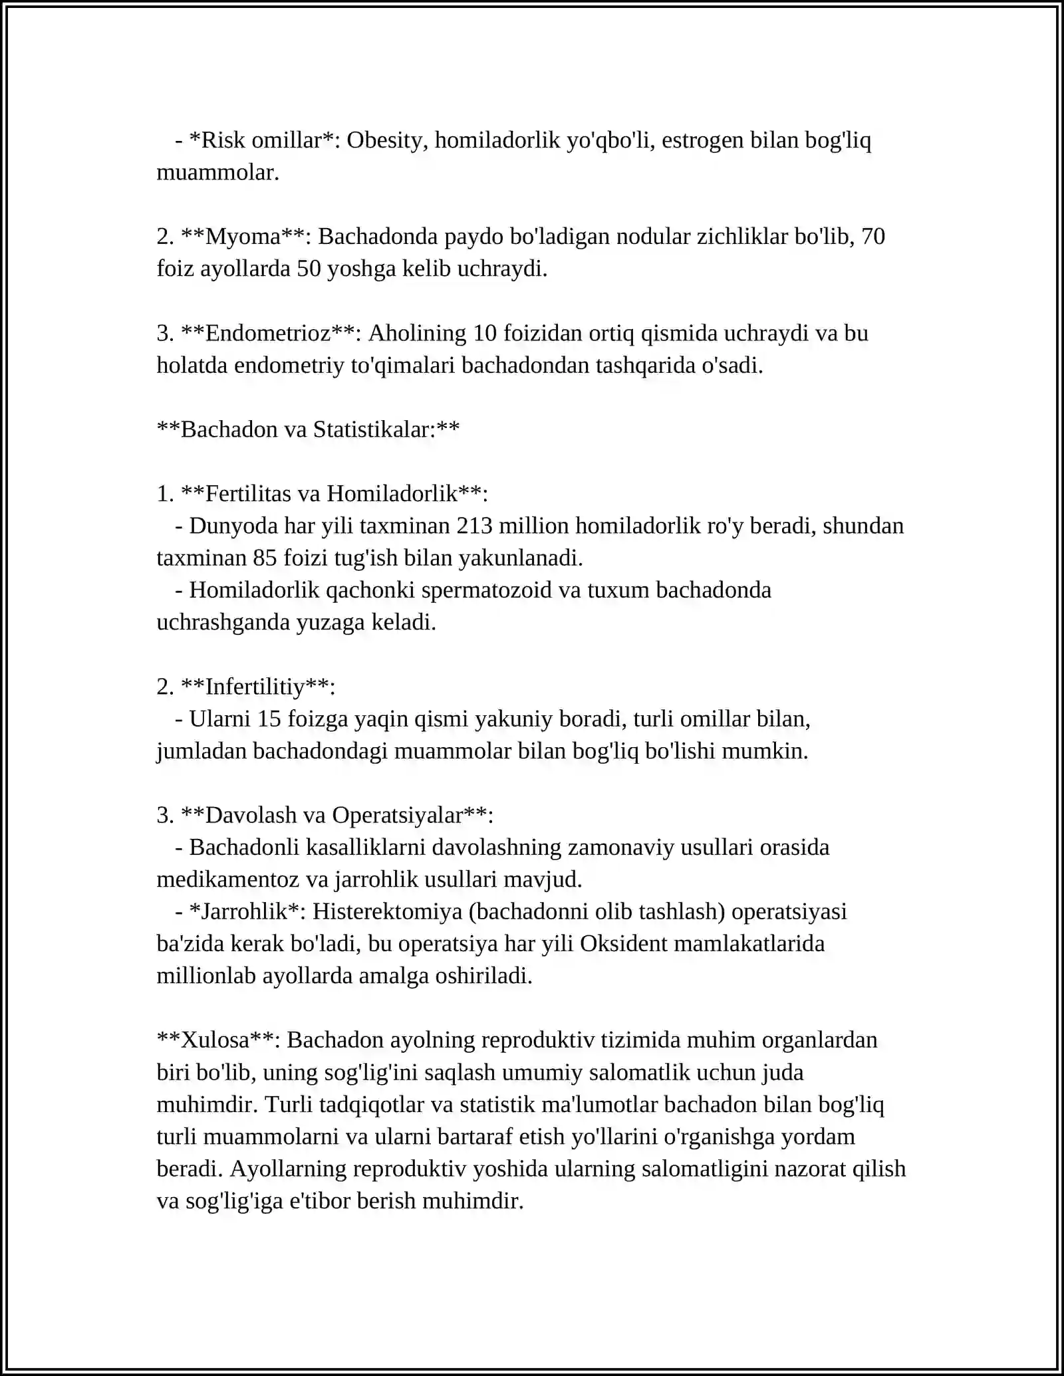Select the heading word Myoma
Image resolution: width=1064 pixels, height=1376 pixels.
tap(243, 237)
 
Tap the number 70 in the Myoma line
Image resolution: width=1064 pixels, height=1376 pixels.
tap(872, 237)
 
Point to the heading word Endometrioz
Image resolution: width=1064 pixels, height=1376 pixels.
tap(267, 333)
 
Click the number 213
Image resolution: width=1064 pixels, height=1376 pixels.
tap(474, 526)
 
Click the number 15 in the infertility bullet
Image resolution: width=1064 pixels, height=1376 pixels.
tap(269, 719)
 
